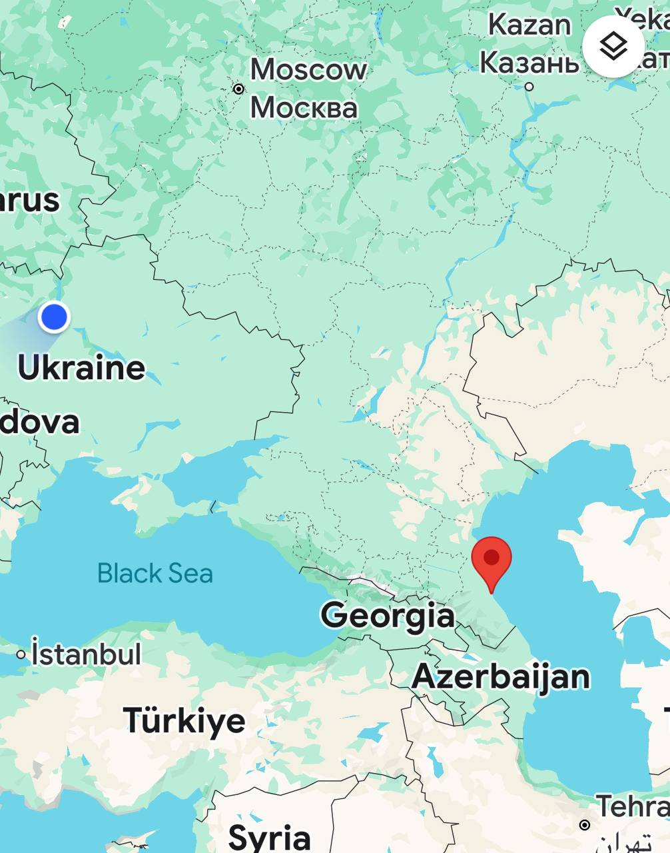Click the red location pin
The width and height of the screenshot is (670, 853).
coord(492,558)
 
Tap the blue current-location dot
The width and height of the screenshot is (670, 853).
coord(54,317)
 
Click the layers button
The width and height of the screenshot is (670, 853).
coord(613,46)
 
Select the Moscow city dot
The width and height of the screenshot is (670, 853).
coord(238,89)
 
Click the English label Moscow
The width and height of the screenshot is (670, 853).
coord(308,69)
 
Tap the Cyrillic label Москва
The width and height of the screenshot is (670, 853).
coord(304,107)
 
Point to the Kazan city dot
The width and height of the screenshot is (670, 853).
coord(529,86)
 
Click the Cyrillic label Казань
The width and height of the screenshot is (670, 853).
coord(529,63)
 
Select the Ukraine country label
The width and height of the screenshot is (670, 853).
coord(81,367)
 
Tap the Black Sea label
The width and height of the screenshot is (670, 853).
coord(155,573)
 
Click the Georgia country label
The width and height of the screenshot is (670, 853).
coord(387,614)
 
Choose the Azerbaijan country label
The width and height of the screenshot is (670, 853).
coord(501,676)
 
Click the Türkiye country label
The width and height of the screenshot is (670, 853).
coord(184,720)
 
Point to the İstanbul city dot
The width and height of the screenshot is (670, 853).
coord(21,655)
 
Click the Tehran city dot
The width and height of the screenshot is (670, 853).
coord(584,825)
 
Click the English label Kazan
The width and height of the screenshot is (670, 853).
coord(529,25)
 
